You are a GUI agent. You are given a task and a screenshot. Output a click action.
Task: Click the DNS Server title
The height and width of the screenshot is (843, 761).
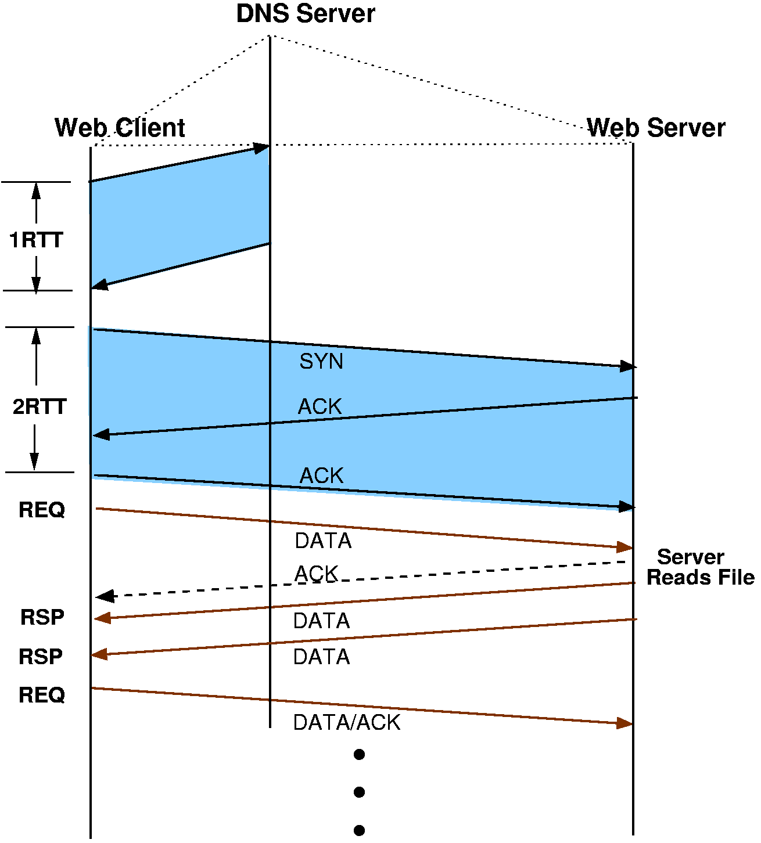click(x=305, y=14)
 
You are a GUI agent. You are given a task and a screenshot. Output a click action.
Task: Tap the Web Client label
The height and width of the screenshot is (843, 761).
click(x=120, y=128)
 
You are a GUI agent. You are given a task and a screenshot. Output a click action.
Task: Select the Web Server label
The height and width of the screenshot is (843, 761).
click(x=656, y=128)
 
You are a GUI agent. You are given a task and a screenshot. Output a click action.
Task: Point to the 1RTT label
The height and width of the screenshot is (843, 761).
click(x=36, y=240)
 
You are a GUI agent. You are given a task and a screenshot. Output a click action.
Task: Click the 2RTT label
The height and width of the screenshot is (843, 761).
click(x=40, y=406)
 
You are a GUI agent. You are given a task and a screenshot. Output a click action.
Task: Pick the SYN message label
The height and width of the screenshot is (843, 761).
click(x=321, y=361)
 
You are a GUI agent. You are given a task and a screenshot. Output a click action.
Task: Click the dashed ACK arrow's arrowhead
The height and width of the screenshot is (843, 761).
click(x=105, y=596)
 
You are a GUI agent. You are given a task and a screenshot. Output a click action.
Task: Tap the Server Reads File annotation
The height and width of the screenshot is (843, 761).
click(x=700, y=567)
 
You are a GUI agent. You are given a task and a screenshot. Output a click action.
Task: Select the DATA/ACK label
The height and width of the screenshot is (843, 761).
click(x=347, y=722)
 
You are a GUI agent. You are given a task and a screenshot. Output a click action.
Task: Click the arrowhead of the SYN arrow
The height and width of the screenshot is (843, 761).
click(x=627, y=366)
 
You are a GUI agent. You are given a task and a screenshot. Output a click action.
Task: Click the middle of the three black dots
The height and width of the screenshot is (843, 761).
click(x=359, y=792)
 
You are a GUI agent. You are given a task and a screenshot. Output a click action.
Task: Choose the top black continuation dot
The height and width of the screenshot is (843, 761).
click(x=359, y=755)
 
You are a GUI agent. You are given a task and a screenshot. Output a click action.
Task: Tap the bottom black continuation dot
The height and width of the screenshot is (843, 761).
click(x=359, y=830)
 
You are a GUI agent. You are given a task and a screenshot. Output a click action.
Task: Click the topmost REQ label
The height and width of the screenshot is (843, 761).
click(x=42, y=510)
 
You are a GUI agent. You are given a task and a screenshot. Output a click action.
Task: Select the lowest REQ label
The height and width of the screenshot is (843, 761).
click(x=42, y=694)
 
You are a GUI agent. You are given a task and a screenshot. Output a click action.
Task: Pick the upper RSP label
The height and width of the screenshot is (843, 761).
click(x=42, y=617)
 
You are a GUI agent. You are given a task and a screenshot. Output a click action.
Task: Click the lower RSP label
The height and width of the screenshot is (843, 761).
click(x=41, y=657)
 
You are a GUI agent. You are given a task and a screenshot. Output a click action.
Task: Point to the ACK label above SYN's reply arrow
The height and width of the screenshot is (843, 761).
click(x=320, y=406)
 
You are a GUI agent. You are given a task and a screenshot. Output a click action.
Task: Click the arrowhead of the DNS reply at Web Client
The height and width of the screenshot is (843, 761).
click(x=100, y=284)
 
